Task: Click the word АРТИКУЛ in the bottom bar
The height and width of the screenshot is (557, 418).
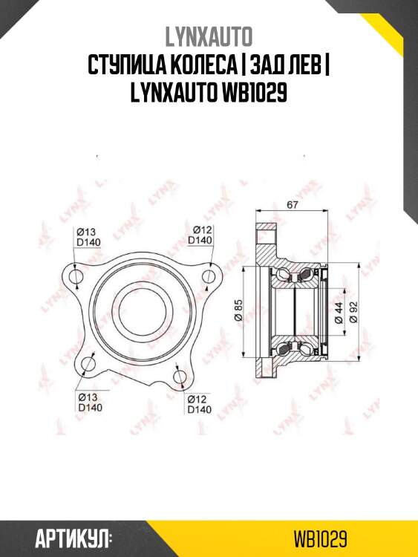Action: (73, 537)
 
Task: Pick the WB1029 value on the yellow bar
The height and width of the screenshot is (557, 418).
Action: (321, 537)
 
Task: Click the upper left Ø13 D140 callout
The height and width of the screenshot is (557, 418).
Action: (88, 235)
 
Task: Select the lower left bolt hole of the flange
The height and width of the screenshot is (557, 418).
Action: (88, 364)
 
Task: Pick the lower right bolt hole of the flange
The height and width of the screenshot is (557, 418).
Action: (180, 377)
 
